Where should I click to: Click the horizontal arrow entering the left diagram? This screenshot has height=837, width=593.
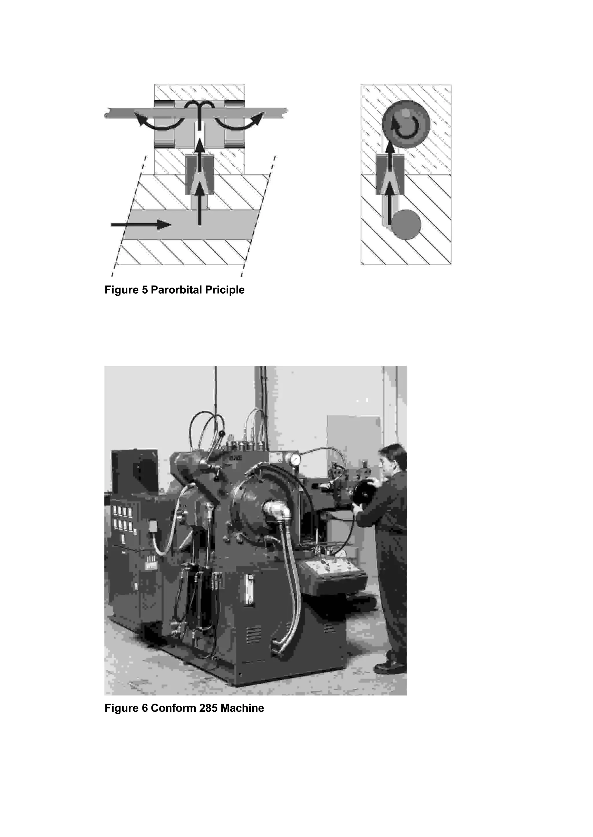click(x=141, y=225)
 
